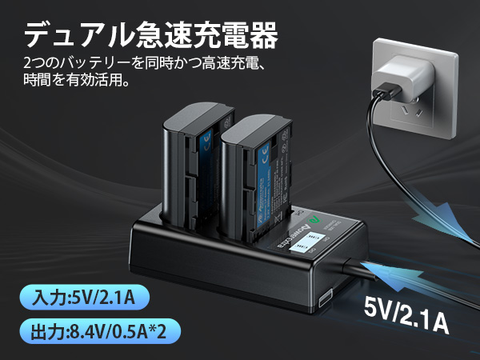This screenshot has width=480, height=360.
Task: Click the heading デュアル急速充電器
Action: [152, 35]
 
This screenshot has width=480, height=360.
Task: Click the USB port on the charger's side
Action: [326, 299]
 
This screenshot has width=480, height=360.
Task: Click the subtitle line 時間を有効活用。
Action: [77, 80]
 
